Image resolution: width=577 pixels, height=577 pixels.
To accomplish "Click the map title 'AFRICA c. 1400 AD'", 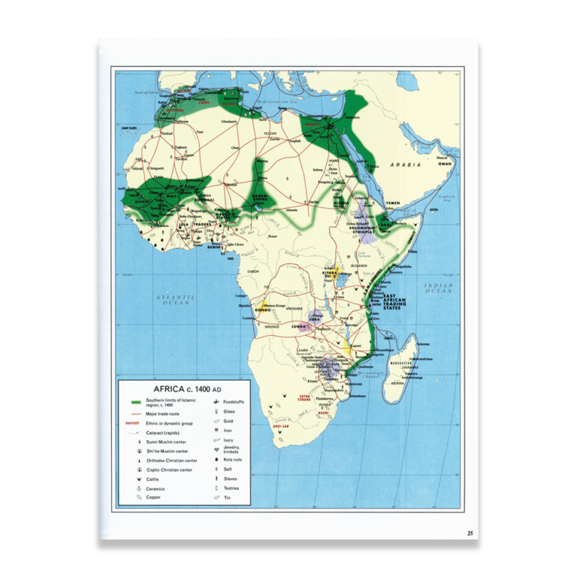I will [x=188, y=389].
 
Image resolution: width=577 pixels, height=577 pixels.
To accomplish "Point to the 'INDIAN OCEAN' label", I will [x=438, y=288].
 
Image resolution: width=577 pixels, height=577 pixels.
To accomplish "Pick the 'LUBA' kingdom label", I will [x=315, y=319].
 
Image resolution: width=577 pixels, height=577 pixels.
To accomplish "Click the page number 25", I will [x=470, y=533].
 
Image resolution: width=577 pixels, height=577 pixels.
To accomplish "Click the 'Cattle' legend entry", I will [x=154, y=479].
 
